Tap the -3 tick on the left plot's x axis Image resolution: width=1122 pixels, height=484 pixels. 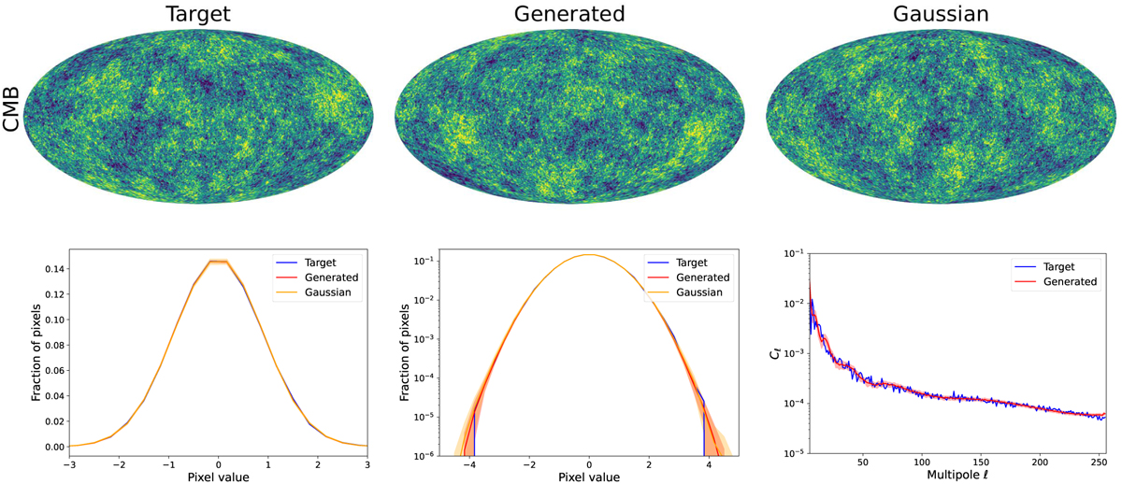tap(68, 464)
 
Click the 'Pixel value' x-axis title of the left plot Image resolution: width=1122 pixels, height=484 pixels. tap(218, 478)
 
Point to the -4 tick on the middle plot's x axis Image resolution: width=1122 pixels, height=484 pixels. tap(473, 464)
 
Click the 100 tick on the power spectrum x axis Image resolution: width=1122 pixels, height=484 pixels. tap(923, 464)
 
